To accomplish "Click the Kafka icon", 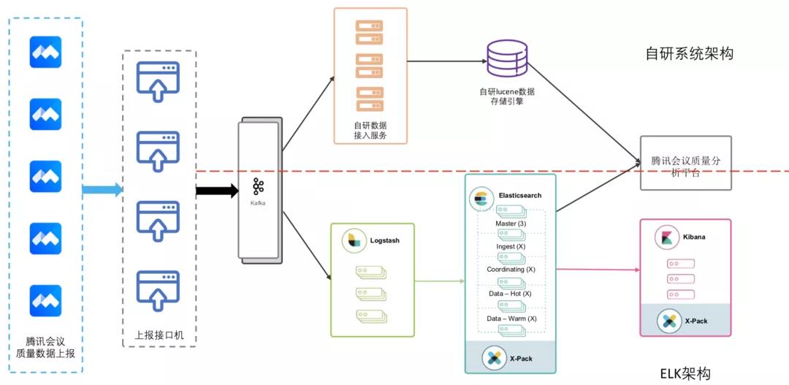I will (x=258, y=186).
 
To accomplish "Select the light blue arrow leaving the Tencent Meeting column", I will (x=102, y=191).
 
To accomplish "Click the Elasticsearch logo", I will (x=481, y=197).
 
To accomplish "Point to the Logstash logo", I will (x=354, y=240).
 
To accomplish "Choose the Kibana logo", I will (x=666, y=237).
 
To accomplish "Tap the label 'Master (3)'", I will (x=511, y=223).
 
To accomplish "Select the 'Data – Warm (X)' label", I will (x=511, y=319).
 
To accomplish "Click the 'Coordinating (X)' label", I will (x=511, y=270).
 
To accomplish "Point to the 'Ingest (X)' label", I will (x=511, y=246).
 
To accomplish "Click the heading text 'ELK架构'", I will (x=685, y=373).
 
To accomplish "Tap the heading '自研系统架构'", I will (x=689, y=53).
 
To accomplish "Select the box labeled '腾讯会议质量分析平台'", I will (x=685, y=163).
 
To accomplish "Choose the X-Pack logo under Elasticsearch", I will (x=494, y=358).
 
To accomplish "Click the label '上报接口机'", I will (x=159, y=335).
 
